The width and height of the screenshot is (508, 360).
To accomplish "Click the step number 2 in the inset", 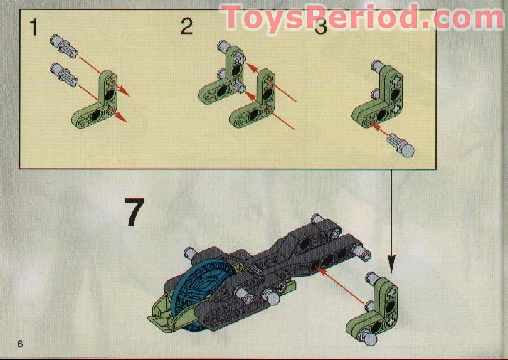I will click(186, 28).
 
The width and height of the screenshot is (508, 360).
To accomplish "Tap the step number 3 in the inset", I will click(321, 28).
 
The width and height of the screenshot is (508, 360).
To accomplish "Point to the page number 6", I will click(21, 345).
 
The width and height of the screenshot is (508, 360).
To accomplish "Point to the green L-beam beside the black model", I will click(371, 306).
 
